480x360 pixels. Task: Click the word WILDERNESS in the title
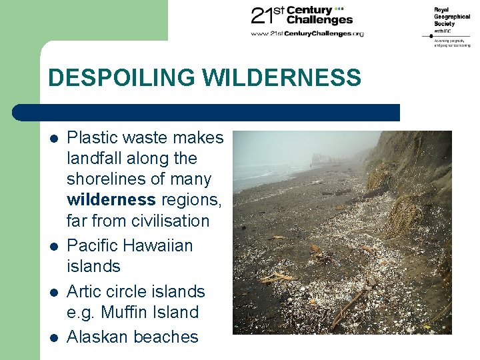tap(281, 78)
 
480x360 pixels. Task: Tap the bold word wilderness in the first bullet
tap(111, 200)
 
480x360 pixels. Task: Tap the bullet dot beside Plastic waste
tap(53, 139)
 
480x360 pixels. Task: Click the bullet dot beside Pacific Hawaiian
tap(53, 247)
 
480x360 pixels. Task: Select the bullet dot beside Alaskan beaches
tap(53, 338)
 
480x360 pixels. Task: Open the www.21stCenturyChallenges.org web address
tap(307, 33)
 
